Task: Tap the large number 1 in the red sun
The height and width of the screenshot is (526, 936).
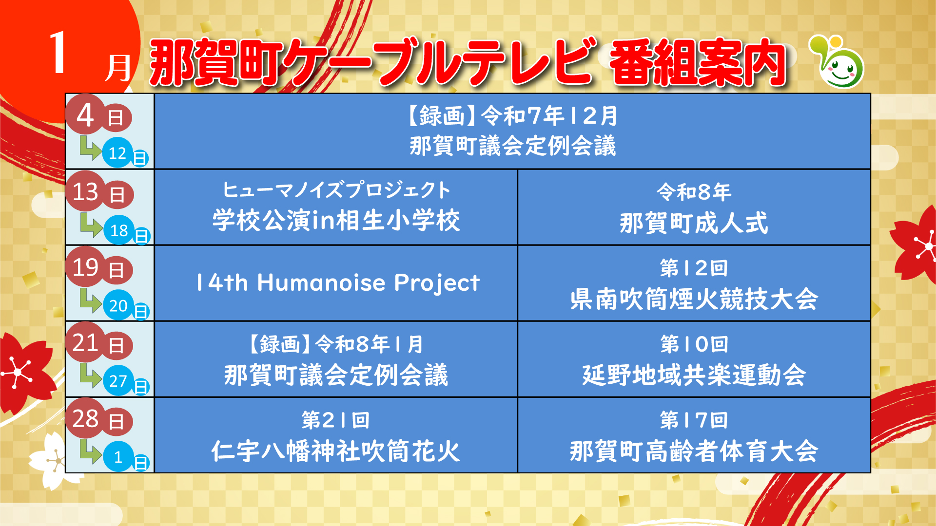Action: tap(58, 53)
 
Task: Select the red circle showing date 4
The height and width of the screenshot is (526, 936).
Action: tap(86, 115)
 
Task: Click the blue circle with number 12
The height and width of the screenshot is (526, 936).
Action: tap(117, 153)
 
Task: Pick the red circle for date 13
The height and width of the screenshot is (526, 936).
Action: tap(86, 191)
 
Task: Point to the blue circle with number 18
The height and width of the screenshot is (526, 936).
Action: tap(119, 230)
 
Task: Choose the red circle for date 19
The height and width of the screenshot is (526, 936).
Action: tap(86, 267)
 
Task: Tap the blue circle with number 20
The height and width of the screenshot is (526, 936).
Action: tap(118, 305)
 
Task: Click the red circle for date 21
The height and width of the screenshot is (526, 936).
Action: tap(86, 343)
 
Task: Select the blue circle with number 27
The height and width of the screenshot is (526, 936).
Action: tap(118, 380)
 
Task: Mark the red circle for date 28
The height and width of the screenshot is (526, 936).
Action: tap(86, 418)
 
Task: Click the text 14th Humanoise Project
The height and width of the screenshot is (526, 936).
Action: tap(337, 283)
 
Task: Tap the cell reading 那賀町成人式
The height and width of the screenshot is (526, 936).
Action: tap(694, 223)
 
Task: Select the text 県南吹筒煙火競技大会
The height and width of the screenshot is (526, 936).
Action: tap(694, 299)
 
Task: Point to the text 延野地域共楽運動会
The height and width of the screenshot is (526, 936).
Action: tap(694, 375)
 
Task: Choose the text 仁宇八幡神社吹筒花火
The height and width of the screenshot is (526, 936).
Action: tap(336, 451)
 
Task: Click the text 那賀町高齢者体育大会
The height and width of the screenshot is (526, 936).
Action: tap(694, 451)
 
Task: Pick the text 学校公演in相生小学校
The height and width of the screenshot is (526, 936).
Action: tap(336, 220)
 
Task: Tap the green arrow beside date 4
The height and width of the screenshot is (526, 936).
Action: tap(90, 148)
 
